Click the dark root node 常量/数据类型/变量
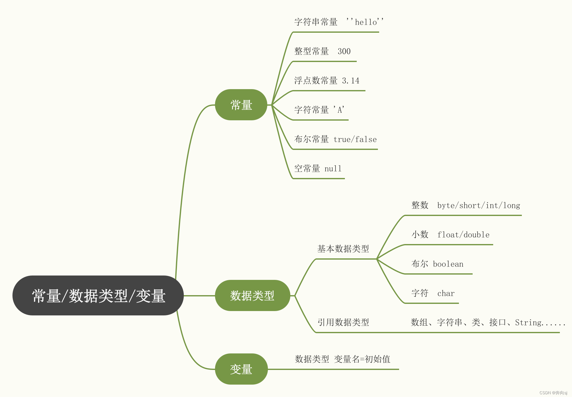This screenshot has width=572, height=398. click(98, 295)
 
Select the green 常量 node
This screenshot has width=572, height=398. click(241, 105)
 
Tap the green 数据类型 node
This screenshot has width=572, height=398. click(252, 295)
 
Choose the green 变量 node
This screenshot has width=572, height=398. click(241, 369)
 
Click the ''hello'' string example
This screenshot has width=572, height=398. click(365, 22)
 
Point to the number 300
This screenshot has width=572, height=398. click(344, 51)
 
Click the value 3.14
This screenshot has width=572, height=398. click(350, 81)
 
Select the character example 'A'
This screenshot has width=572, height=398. click(339, 110)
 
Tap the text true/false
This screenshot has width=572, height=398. click(355, 139)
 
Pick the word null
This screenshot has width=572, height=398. click(333, 169)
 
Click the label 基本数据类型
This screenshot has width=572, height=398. click(343, 249)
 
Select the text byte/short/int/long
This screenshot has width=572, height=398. click(479, 205)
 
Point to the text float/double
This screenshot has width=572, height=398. click(463, 235)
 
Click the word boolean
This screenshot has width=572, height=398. click(448, 264)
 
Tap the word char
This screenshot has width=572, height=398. click(446, 293)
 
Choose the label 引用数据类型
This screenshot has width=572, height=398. click(343, 322)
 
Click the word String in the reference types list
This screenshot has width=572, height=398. click(528, 322)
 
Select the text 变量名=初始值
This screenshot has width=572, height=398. click(362, 359)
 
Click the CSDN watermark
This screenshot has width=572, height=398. click(553, 393)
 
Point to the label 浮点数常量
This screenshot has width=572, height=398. click(316, 81)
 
